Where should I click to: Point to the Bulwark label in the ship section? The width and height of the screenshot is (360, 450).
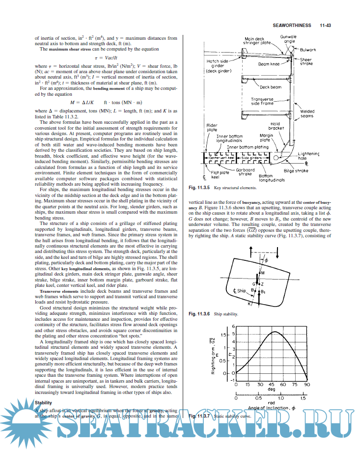point(307,50)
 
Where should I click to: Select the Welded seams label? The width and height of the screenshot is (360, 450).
point(307,114)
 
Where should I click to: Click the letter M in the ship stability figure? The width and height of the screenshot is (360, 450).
point(263,273)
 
